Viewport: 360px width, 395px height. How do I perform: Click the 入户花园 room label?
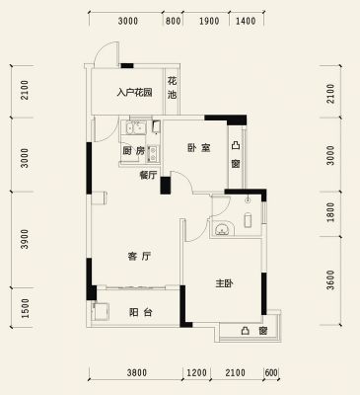tap(135, 92)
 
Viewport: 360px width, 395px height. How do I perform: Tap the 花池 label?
tap(172, 88)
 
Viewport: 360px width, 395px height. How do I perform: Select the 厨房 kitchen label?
tap(133, 151)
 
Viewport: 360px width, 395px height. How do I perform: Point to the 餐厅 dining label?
tap(148, 176)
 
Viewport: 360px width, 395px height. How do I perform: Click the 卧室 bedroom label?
tap(199, 148)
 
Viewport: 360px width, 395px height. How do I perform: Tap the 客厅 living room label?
tap(139, 256)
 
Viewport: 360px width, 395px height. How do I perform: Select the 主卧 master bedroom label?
tap(225, 283)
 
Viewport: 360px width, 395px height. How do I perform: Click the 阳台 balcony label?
tap(140, 312)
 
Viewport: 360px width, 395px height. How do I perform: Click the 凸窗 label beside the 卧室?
tap(236, 154)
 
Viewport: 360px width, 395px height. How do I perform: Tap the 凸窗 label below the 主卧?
tap(253, 331)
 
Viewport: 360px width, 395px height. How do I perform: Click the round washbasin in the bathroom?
tap(222, 228)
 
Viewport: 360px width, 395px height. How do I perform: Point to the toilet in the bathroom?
tap(248, 220)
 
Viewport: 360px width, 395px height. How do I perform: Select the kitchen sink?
tap(153, 154)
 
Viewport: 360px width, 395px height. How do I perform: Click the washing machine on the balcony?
tap(102, 311)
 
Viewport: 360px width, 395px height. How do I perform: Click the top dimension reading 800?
tap(173, 22)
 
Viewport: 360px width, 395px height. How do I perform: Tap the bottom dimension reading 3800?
tap(137, 373)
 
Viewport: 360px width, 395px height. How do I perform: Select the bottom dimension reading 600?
tap(271, 373)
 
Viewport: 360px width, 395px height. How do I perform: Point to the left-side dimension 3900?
tap(25, 239)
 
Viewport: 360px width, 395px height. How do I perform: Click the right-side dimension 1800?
tap(330, 212)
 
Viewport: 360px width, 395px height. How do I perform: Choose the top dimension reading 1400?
tap(246, 22)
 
